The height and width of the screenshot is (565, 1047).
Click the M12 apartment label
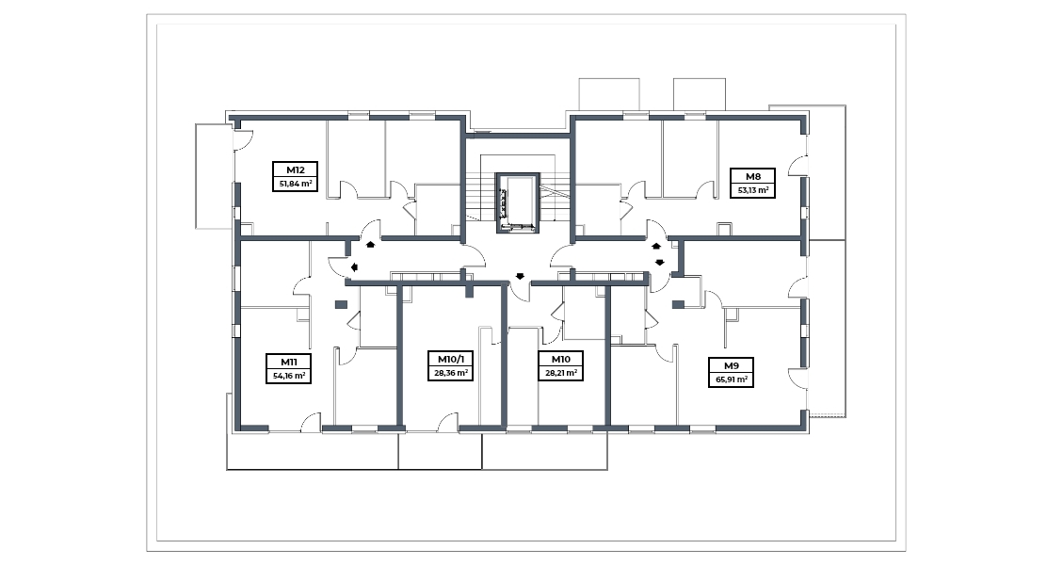coord(295,170)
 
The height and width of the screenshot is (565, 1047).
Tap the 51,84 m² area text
coord(295,184)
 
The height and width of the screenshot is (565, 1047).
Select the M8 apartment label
coord(752,176)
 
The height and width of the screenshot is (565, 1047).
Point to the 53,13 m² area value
coord(752,190)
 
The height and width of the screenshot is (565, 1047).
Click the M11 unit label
coord(288,362)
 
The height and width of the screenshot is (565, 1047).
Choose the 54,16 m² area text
coord(288,376)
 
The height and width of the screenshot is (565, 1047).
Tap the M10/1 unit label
coord(450,359)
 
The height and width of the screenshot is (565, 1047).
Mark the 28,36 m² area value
coord(450,373)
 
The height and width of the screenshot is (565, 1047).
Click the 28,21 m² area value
coord(561,373)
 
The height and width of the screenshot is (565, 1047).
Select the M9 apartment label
coord(732,365)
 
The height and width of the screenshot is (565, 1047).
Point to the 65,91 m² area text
coord(732,380)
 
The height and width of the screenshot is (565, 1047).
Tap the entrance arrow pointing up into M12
coord(370,245)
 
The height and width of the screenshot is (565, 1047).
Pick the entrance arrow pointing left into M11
coord(354,267)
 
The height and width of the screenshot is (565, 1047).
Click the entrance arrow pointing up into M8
coord(656,246)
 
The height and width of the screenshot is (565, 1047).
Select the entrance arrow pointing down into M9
coord(660,262)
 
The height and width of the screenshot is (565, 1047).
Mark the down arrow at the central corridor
coord(520,275)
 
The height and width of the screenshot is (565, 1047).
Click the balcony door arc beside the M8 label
coord(797,164)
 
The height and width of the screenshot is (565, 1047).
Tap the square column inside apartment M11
coord(341,304)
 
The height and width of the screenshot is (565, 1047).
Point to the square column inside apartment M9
coord(678,304)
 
